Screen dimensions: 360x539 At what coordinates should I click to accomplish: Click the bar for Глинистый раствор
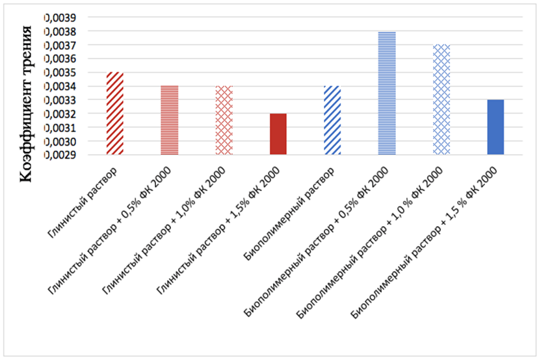pos(115,114)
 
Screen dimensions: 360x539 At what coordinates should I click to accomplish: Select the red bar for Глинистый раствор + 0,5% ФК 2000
pos(170,120)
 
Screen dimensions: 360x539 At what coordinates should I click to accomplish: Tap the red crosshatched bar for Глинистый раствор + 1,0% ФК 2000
pos(224,120)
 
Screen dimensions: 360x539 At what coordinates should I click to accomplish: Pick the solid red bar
pos(278,134)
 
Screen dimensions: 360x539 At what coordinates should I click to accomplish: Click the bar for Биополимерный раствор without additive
pos(332,120)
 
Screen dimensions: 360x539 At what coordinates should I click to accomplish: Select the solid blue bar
pos(495,127)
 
